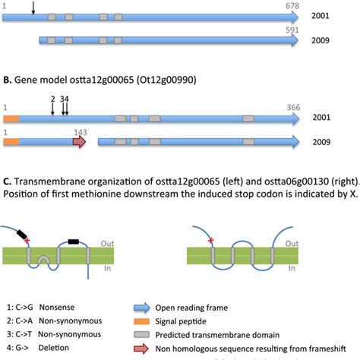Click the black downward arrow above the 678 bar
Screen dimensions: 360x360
pos(33,8)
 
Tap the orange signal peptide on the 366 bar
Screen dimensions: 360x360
pos(11,118)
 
